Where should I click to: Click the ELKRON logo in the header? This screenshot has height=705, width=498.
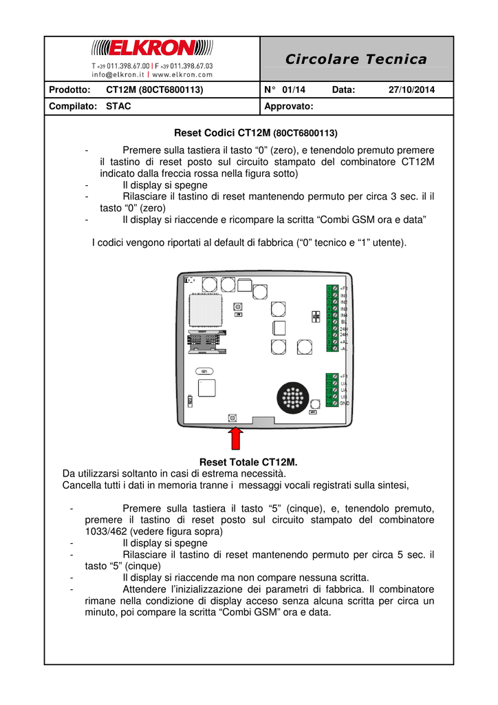pyautogui.click(x=153, y=48)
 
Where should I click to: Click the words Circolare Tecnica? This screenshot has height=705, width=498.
pyautogui.click(x=356, y=59)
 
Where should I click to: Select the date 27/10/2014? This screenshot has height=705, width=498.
pyautogui.click(x=411, y=90)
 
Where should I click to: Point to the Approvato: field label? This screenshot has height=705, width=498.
pyautogui.click(x=289, y=107)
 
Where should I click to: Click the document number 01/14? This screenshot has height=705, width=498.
pyautogui.click(x=294, y=90)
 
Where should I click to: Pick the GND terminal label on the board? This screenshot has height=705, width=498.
pyautogui.click(x=344, y=403)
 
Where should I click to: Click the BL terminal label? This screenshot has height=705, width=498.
pyautogui.click(x=343, y=322)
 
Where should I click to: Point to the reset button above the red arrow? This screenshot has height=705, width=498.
pyautogui.click(x=232, y=418)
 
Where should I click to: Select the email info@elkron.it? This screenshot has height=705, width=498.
pyautogui.click(x=119, y=74)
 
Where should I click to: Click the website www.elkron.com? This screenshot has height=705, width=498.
pyautogui.click(x=182, y=74)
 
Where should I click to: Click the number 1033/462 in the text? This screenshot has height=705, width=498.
pyautogui.click(x=106, y=532)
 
